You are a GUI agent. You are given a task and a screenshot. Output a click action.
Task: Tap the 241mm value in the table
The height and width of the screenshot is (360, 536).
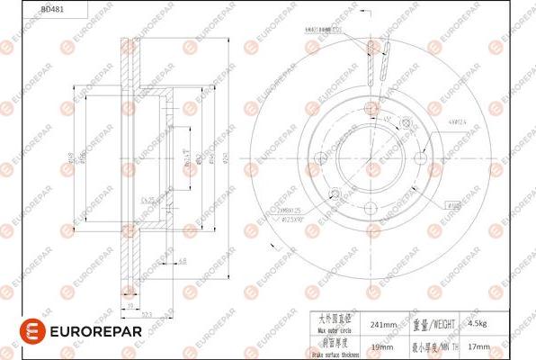tap(384, 321)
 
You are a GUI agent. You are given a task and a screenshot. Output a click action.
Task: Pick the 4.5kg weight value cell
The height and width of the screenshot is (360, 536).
tap(486, 321)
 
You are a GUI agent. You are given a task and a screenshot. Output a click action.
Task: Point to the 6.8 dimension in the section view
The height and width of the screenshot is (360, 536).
tap(183, 261)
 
